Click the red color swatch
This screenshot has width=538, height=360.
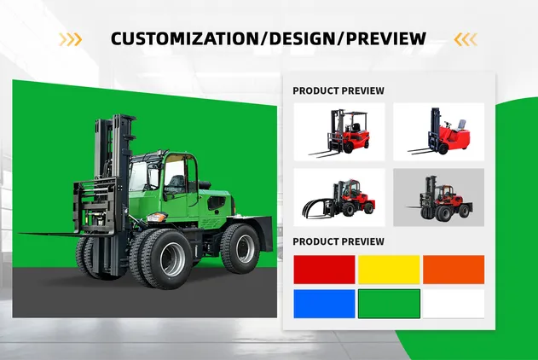(x=325, y=270)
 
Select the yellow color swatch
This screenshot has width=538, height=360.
(x=389, y=270)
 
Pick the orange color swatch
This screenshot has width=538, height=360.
(x=454, y=270)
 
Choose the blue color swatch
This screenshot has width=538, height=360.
(x=325, y=304)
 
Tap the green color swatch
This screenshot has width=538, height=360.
(x=389, y=304)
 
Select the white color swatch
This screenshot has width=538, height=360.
(x=454, y=304)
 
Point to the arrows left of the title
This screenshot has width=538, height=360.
(x=71, y=38)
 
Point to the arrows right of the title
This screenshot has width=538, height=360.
(x=466, y=38)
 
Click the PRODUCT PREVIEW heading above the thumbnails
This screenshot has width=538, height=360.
(x=338, y=90)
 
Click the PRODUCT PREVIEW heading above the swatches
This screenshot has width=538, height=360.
(x=338, y=241)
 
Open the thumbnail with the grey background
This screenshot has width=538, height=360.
(x=438, y=197)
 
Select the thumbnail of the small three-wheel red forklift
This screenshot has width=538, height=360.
(x=438, y=131)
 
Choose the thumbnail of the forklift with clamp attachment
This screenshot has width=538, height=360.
(x=338, y=197)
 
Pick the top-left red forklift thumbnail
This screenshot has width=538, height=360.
(x=338, y=131)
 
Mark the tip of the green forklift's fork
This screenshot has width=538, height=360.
(x=20, y=234)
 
